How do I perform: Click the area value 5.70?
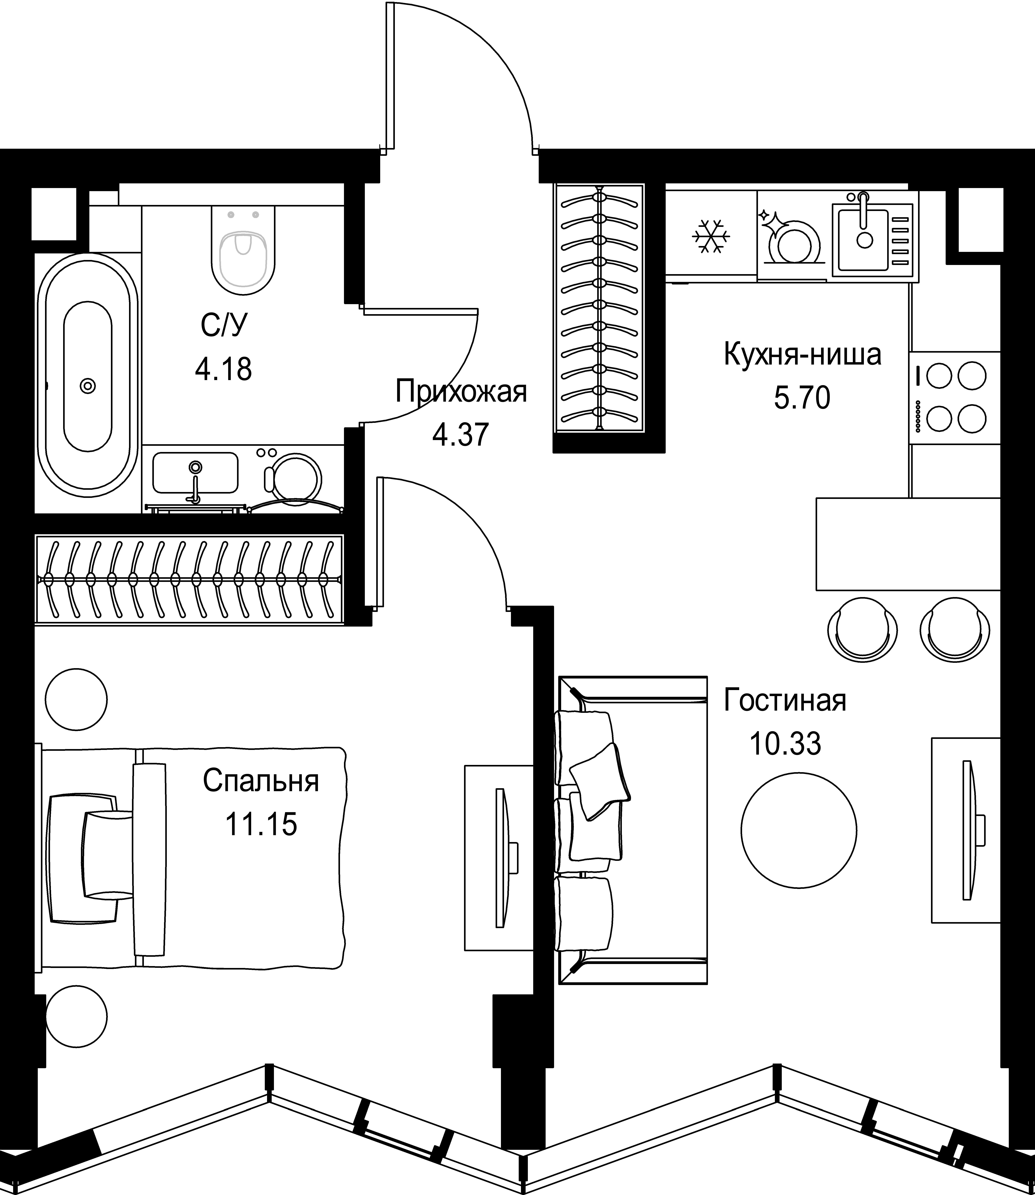coord(802,398)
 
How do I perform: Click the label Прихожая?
coord(461,392)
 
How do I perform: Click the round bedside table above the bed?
coord(77,699)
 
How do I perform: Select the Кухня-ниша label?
coord(802,355)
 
